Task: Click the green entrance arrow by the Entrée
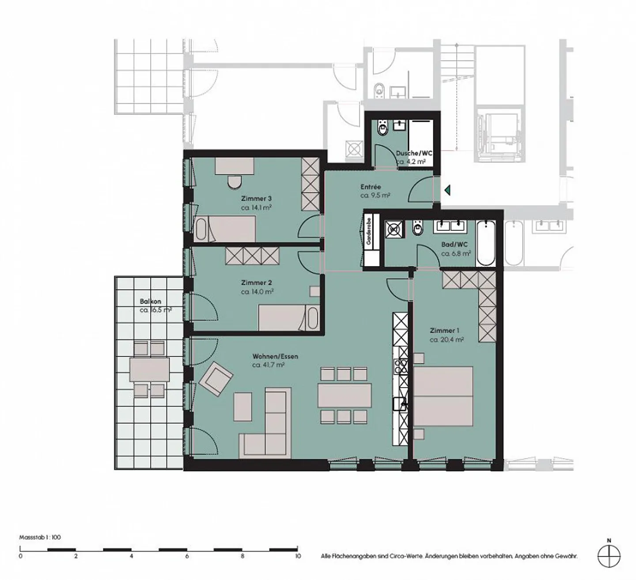[x=447, y=190]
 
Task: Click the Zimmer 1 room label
[x=442, y=331]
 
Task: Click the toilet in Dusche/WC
[x=382, y=128]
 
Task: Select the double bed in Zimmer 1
[x=443, y=396]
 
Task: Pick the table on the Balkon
[x=149, y=370]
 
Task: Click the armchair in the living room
[x=215, y=378]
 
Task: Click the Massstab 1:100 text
[x=40, y=537]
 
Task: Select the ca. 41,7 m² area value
[x=268, y=365]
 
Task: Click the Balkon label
[x=150, y=301]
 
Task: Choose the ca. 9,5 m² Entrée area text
[x=375, y=195]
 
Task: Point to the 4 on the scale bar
[x=131, y=556]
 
